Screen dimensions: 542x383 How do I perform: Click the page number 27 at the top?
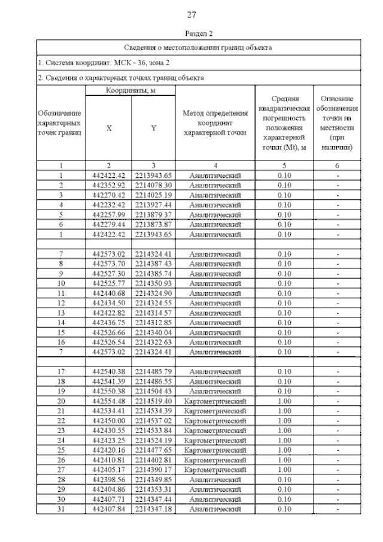pyautogui.click(x=191, y=14)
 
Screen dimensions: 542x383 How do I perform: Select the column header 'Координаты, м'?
pyautogui.click(x=129, y=90)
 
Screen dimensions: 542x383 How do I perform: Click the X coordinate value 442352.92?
pyautogui.click(x=109, y=185)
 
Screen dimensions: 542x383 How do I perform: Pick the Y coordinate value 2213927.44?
pyautogui.click(x=153, y=205)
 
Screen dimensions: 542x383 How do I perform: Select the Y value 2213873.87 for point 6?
pyautogui.click(x=153, y=224)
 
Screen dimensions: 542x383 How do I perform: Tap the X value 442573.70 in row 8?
pyautogui.click(x=109, y=264)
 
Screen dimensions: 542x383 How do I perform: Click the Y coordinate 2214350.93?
pyautogui.click(x=153, y=283)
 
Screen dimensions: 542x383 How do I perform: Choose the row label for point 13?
pyautogui.click(x=61, y=312)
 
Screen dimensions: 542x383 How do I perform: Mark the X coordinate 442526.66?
pyautogui.click(x=109, y=332)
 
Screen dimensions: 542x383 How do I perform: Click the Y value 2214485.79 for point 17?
pyautogui.click(x=153, y=371)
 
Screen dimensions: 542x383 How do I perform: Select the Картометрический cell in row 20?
pyautogui.click(x=214, y=401)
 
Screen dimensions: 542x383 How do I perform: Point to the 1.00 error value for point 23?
pyautogui.click(x=284, y=430)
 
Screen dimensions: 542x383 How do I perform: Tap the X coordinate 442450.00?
pyautogui.click(x=109, y=420)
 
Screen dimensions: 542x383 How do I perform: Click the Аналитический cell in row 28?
pyautogui.click(x=214, y=479)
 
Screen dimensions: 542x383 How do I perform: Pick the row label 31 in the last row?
pyautogui.click(x=61, y=508)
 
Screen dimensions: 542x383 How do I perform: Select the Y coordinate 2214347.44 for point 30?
pyautogui.click(x=153, y=499)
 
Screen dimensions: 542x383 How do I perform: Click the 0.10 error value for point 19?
pyautogui.click(x=284, y=391)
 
